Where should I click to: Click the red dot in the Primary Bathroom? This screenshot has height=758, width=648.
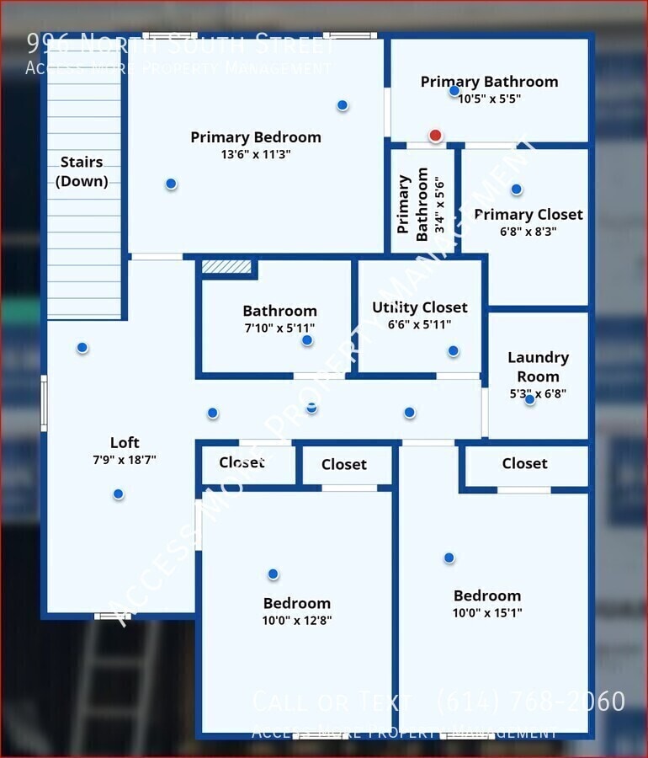[435, 136]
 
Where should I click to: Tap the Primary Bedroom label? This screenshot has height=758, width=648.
[255, 137]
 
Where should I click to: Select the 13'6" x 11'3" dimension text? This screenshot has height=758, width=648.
[255, 155]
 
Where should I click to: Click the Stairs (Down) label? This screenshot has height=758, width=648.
[82, 171]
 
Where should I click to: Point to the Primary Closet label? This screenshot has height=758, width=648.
[528, 215]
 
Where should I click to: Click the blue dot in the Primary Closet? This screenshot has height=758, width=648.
[516, 189]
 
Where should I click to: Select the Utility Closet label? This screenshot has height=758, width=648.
[420, 307]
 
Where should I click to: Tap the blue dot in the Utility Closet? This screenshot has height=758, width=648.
[453, 350]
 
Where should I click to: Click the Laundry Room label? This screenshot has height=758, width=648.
[538, 367]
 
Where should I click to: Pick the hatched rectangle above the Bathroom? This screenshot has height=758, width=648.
[226, 266]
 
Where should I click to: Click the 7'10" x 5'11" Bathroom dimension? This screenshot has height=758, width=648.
[279, 328]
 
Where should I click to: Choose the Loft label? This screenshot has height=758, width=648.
[125, 443]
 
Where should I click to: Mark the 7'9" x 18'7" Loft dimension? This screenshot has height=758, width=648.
[125, 460]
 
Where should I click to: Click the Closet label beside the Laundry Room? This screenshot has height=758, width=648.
[524, 463]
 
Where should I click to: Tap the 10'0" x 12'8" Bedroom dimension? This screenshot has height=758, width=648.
[296, 621]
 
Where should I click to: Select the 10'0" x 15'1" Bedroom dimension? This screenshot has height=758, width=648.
[486, 613]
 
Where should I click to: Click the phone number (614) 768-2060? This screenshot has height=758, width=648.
[530, 701]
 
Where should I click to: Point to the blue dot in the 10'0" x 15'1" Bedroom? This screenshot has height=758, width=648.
[449, 558]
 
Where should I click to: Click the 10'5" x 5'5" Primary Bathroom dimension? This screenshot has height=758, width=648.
[489, 99]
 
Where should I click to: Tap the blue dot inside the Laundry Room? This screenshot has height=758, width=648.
[529, 399]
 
